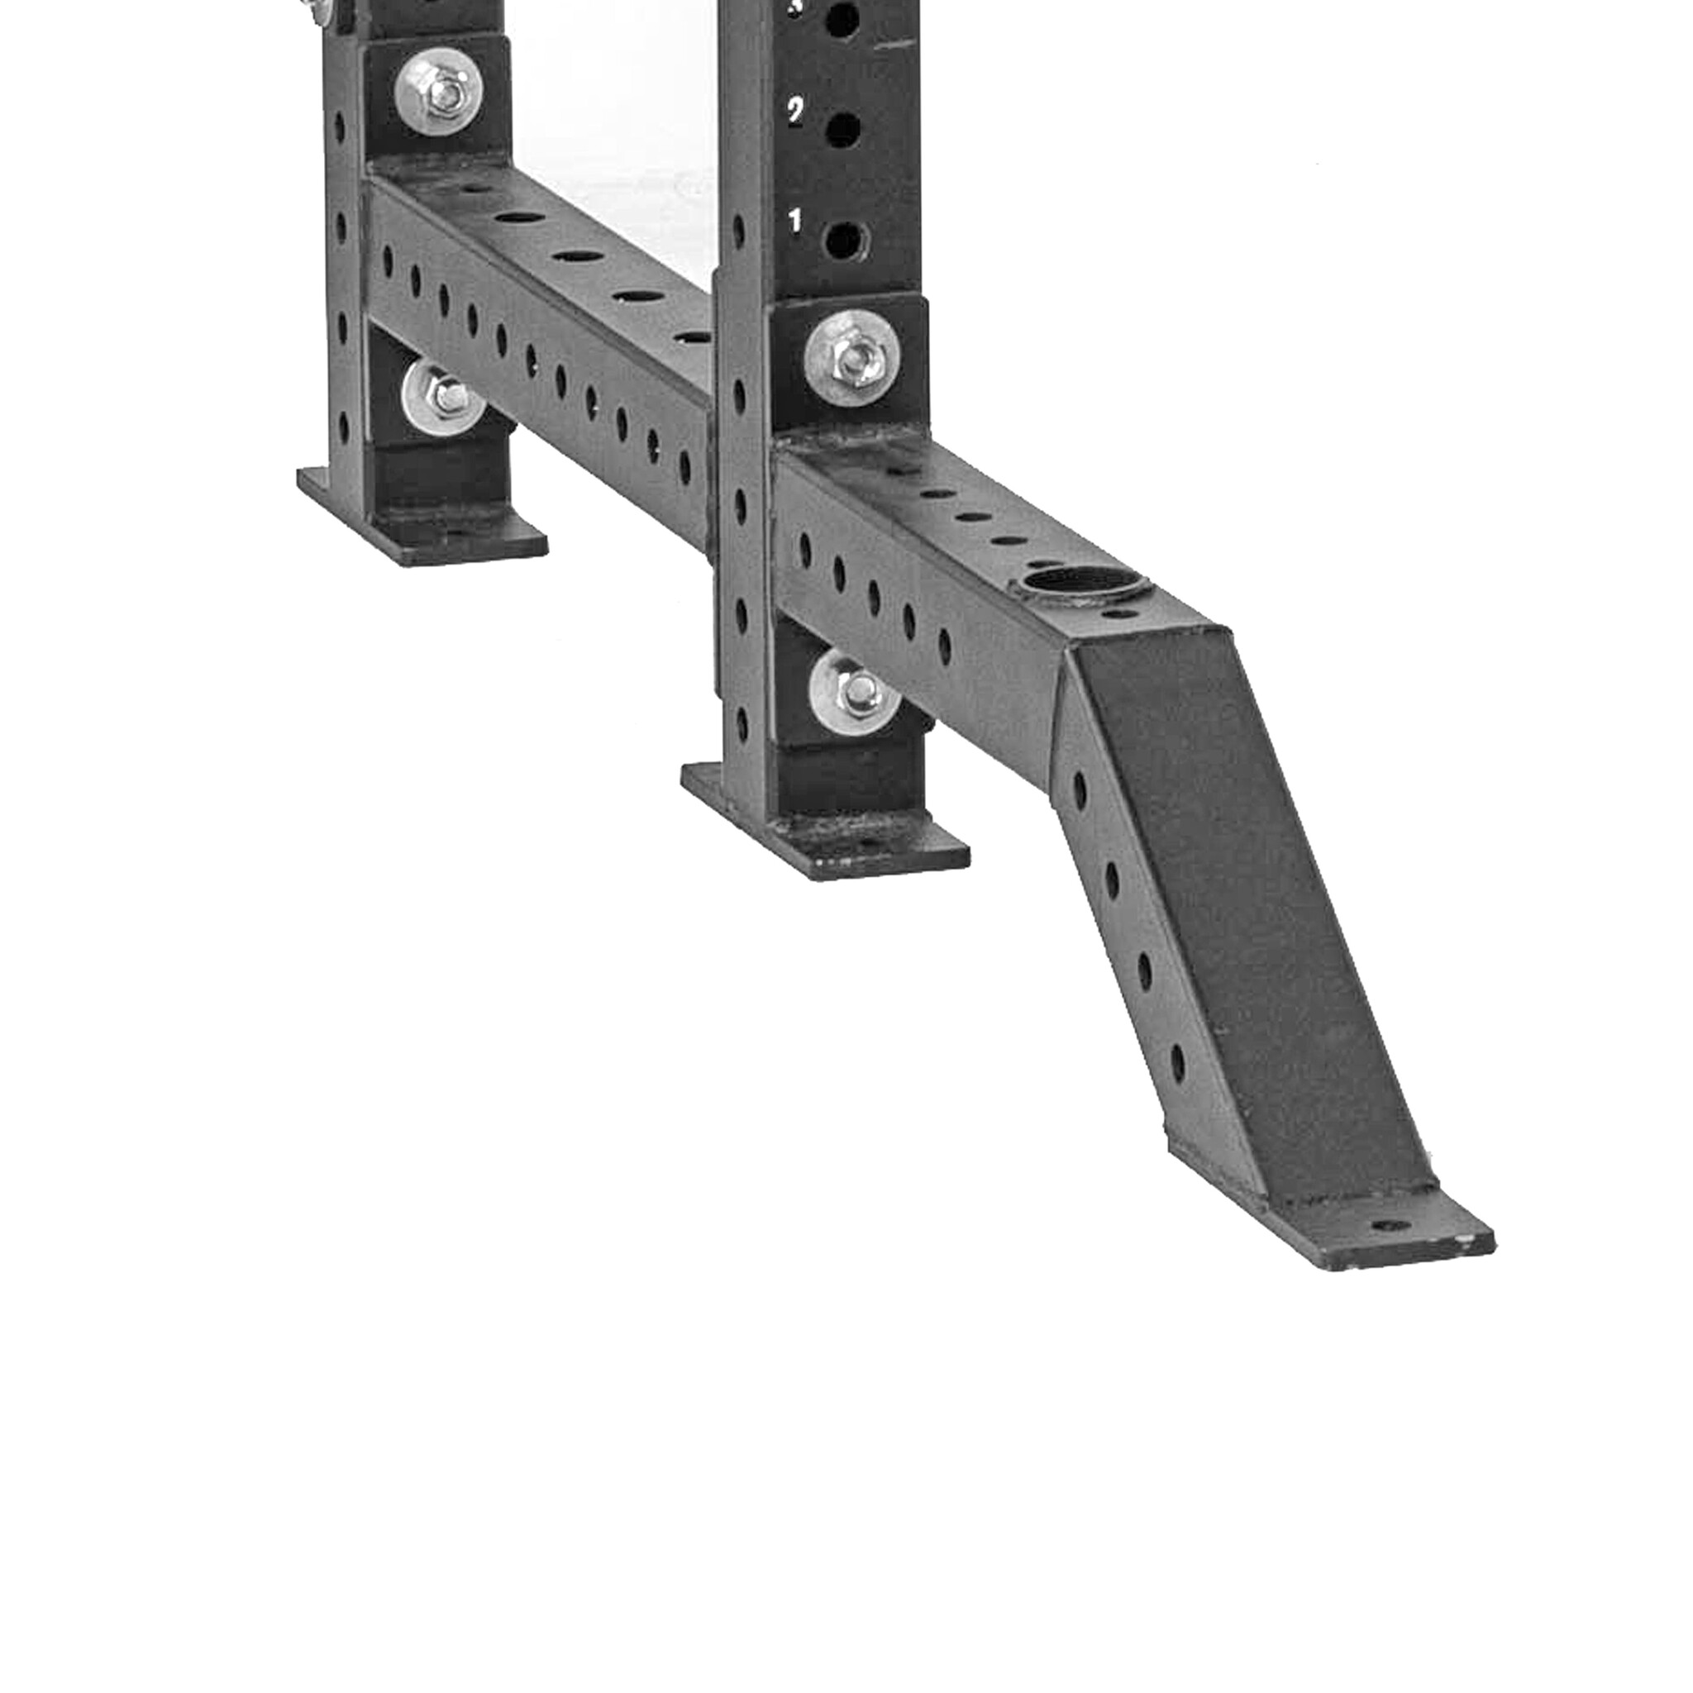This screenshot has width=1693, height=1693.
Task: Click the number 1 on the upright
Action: tap(794, 222)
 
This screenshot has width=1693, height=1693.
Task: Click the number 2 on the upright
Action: tap(794, 112)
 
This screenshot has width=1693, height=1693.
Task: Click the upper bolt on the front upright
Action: tap(852, 359)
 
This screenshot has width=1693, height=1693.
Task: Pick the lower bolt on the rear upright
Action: tap(444, 399)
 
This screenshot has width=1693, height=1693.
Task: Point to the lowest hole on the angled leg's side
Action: tap(1177, 1063)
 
